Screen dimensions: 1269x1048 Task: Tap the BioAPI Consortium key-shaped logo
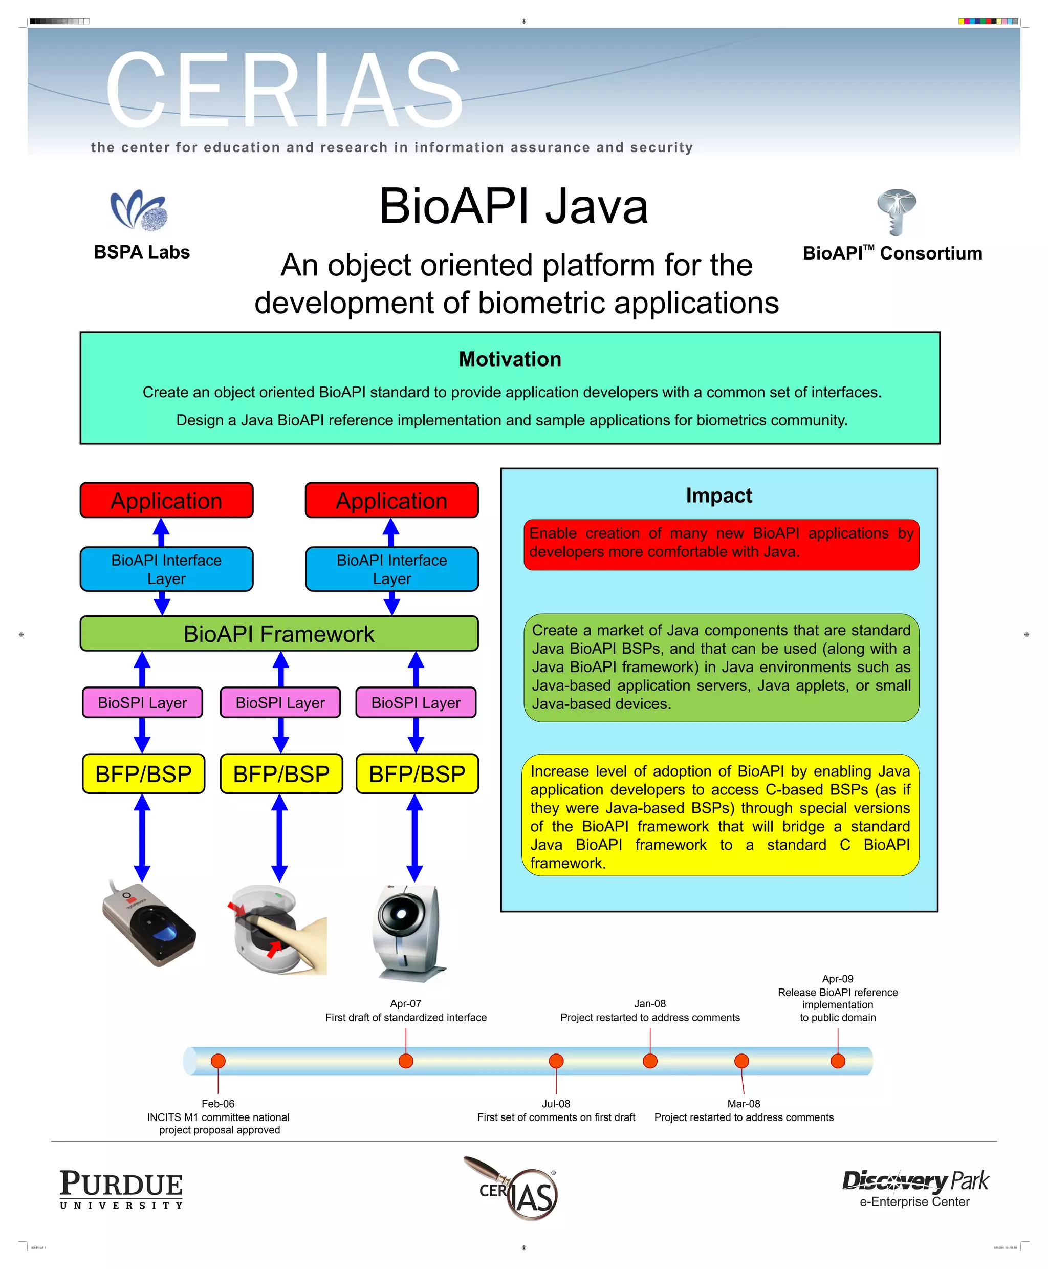(897, 211)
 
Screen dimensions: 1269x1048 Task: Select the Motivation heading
(510, 359)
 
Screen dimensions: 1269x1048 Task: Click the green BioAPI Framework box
(279, 634)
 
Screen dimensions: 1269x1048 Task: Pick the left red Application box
(167, 500)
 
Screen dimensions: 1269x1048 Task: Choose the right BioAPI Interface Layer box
(392, 569)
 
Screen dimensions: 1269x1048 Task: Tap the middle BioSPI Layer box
(280, 702)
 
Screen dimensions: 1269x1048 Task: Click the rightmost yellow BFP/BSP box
(417, 773)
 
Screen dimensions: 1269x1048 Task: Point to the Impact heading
(718, 496)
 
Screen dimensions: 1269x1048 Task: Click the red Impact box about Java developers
(721, 544)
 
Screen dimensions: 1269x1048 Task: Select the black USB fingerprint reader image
(148, 923)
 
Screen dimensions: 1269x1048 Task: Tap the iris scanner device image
(407, 931)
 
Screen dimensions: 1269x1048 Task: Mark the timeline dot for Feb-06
(218, 1061)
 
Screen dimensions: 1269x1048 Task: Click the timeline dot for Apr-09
(837, 1061)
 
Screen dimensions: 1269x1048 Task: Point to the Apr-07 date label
(406, 1003)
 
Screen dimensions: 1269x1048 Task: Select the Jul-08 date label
(556, 1104)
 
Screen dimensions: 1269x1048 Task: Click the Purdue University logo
(121, 1189)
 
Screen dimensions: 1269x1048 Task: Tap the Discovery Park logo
(914, 1188)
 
